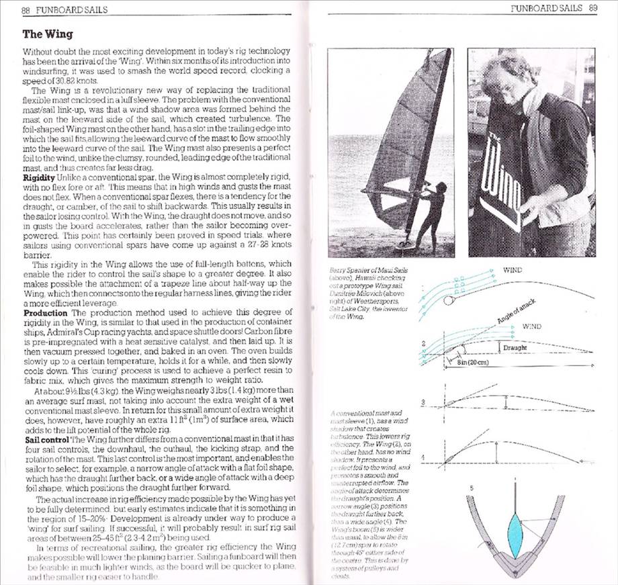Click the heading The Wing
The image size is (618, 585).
(x=48, y=34)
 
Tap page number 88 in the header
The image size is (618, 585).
(x=27, y=10)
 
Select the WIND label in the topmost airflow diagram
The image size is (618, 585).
(x=514, y=270)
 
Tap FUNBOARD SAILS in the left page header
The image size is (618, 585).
(x=73, y=10)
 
